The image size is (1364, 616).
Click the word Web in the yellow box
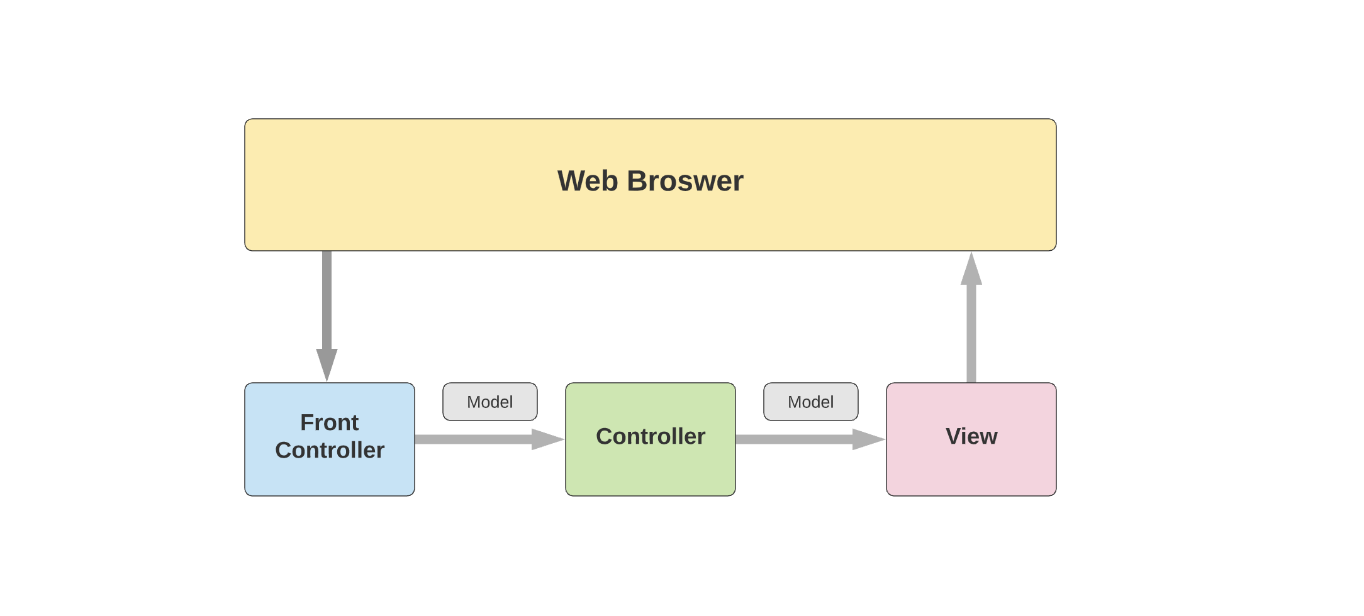click(588, 181)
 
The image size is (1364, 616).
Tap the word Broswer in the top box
click(685, 181)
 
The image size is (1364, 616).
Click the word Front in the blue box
click(329, 422)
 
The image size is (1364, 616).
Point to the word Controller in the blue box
click(329, 450)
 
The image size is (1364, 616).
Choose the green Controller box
click(650, 471)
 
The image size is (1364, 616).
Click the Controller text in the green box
click(650, 436)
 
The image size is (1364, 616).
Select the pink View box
click(971, 471)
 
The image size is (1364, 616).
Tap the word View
click(971, 436)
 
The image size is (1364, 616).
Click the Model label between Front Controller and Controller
click(489, 402)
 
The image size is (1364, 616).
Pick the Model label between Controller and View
click(810, 402)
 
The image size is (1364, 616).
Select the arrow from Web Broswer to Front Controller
click(327, 302)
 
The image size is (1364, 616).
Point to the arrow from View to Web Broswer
click(971, 333)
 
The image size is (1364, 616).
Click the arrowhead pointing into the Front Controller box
click(327, 364)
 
